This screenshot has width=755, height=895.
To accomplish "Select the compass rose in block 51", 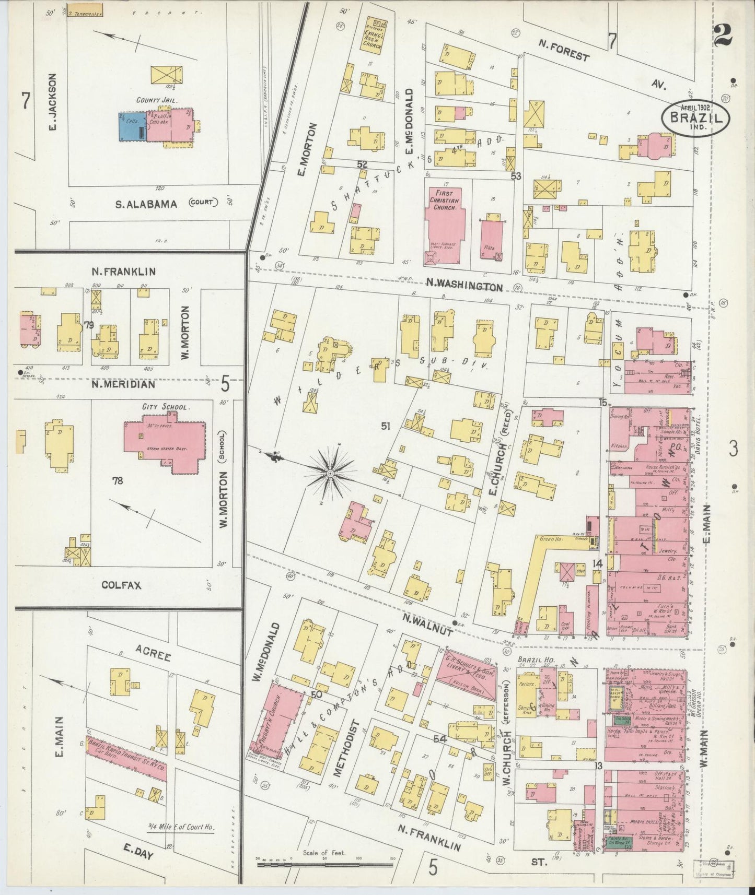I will [x=330, y=473].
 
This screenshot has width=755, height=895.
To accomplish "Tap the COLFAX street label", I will [x=121, y=585].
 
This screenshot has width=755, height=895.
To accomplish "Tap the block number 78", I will [x=118, y=480].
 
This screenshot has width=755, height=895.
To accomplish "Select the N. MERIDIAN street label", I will [x=123, y=384].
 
